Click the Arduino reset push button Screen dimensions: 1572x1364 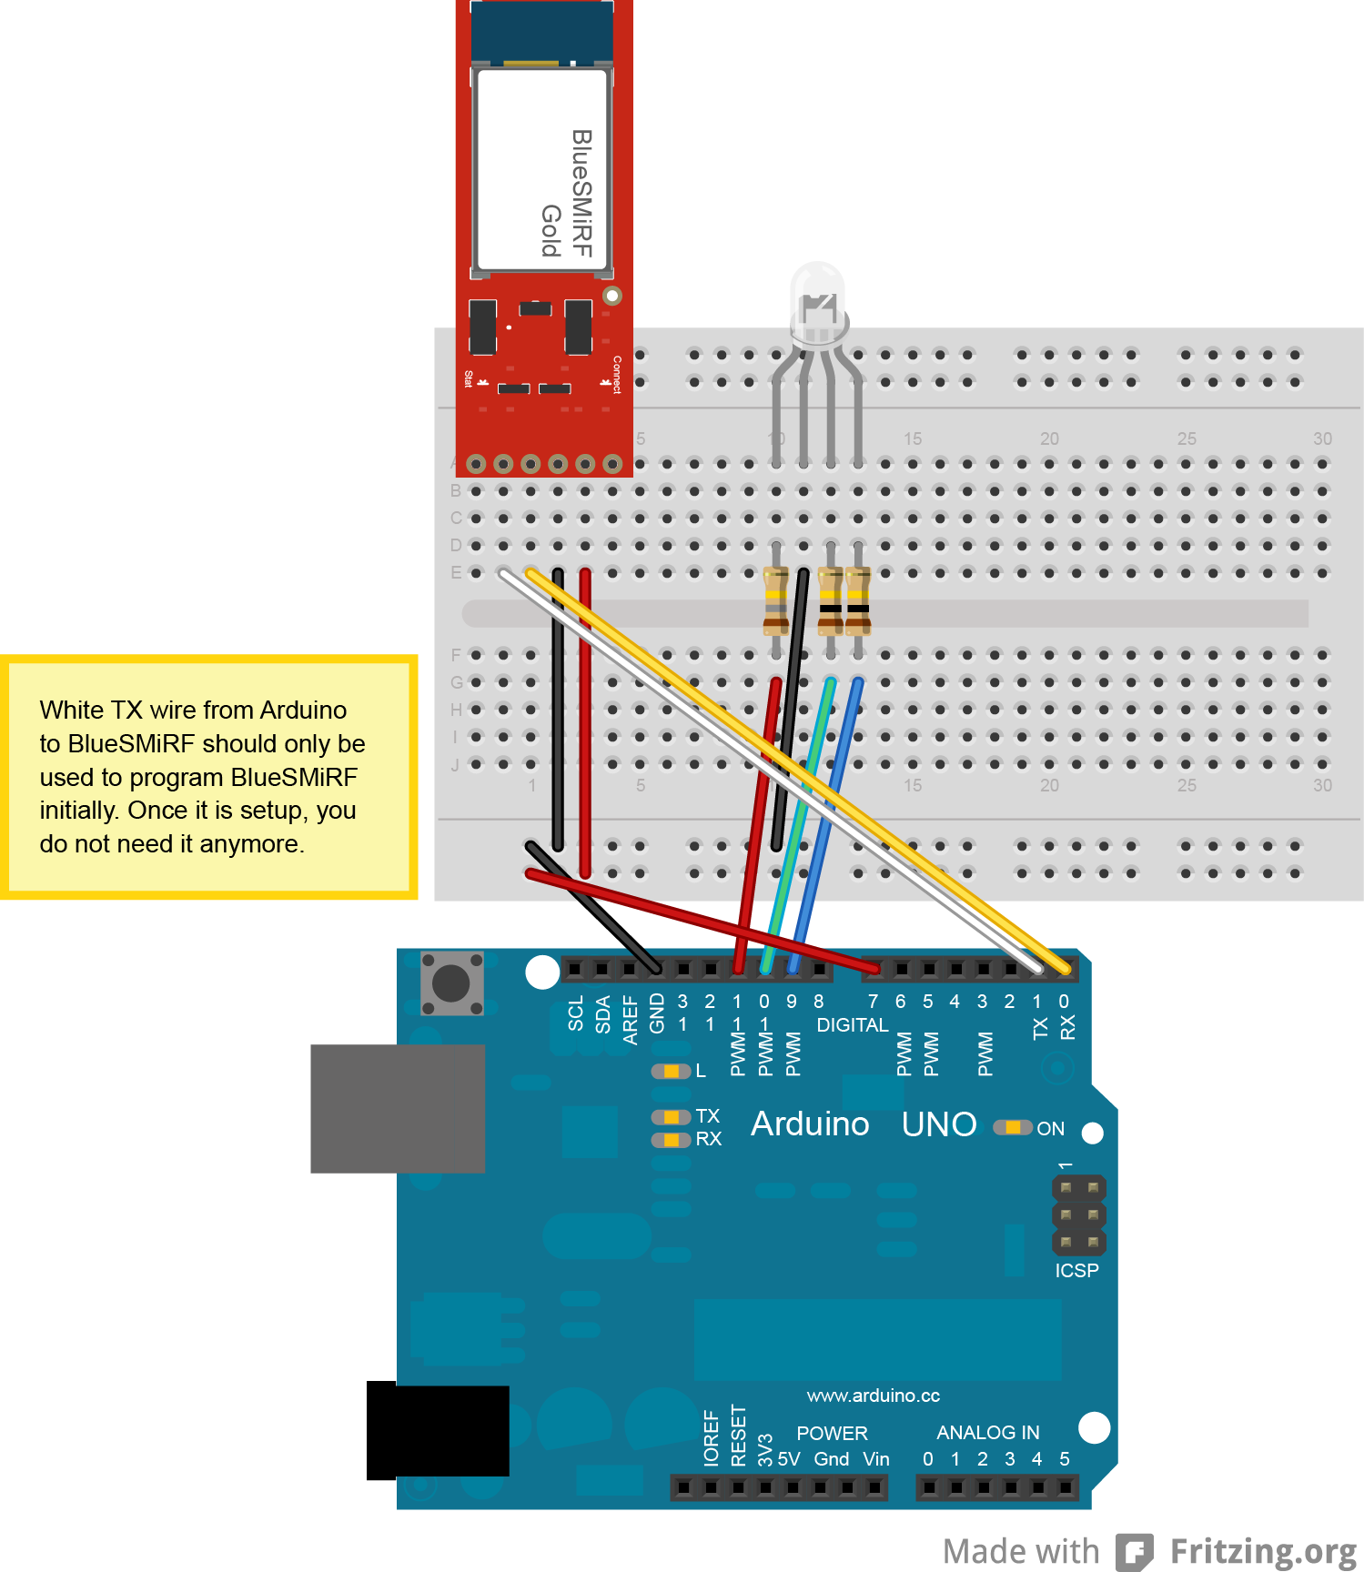click(451, 982)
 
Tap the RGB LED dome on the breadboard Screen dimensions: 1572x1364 click(818, 300)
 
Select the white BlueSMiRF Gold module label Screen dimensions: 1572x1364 click(541, 170)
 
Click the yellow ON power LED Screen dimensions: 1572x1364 click(1012, 1128)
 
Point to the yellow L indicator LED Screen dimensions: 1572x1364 click(672, 1072)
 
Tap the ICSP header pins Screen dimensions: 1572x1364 click(1079, 1215)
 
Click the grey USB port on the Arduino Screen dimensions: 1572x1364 click(398, 1108)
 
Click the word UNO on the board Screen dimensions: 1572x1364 click(939, 1125)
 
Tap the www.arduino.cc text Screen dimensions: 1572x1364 click(873, 1396)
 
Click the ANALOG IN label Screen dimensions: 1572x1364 click(987, 1433)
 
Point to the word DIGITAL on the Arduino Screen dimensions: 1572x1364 click(852, 1025)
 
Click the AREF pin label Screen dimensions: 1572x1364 click(630, 1020)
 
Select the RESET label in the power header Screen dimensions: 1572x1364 click(738, 1436)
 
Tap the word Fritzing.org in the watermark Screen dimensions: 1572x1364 click(1263, 1551)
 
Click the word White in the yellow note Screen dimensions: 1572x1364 click(72, 710)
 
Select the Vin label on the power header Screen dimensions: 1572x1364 click(876, 1459)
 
